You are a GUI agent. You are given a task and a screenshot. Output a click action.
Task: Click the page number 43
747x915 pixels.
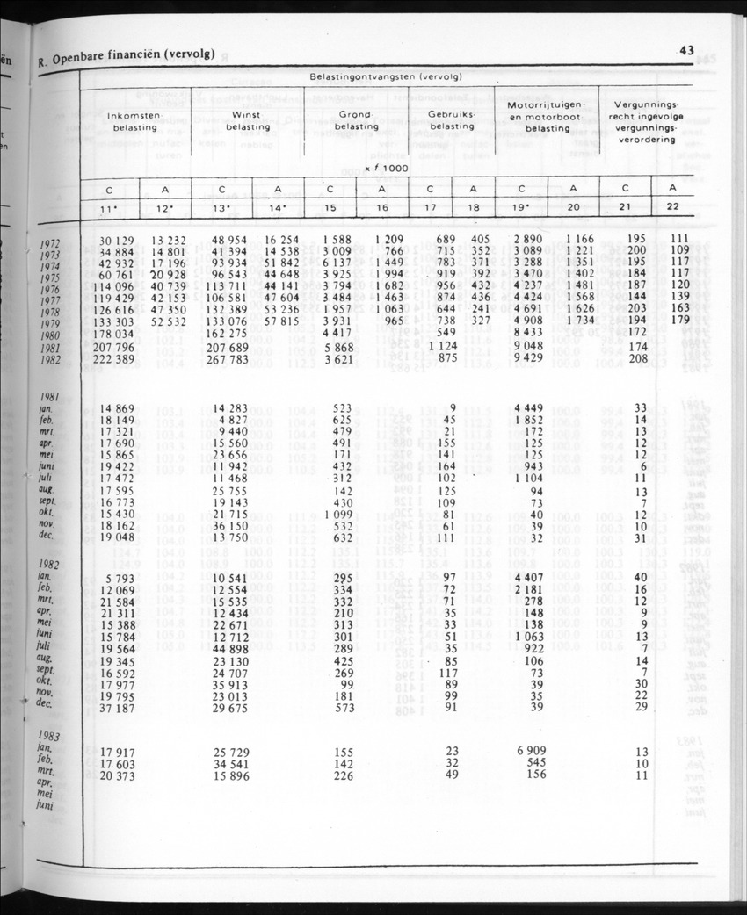point(685,51)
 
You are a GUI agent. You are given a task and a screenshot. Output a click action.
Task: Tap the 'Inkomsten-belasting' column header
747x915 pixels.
point(134,122)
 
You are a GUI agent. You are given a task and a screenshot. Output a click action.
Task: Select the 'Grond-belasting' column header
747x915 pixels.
point(357,120)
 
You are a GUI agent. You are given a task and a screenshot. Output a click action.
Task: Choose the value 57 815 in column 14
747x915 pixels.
point(278,322)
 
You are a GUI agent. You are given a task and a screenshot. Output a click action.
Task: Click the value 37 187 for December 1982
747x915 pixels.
point(114,708)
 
